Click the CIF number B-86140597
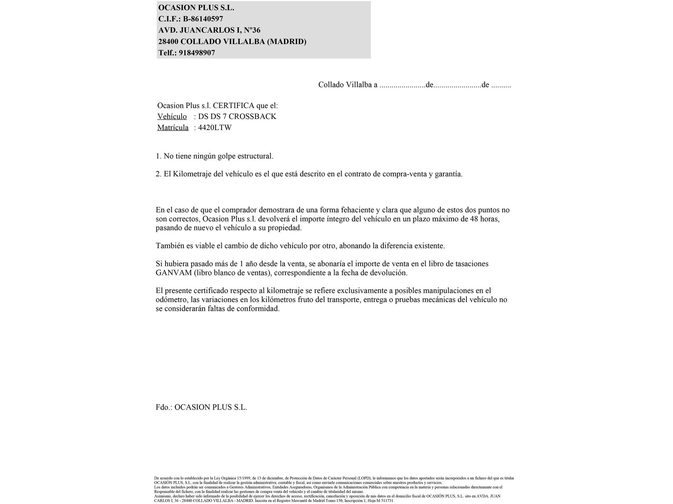pos(203,19)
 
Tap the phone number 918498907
pos(197,53)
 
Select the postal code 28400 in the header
pos(168,42)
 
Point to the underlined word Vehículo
pos(172,117)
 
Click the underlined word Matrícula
pos(173,128)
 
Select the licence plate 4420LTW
pos(215,128)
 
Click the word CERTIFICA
pos(234,106)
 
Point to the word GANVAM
pos(174,273)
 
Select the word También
pos(170,246)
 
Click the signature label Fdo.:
pos(164,407)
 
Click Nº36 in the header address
pos(252,30)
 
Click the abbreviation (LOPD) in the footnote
pos(364,478)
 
